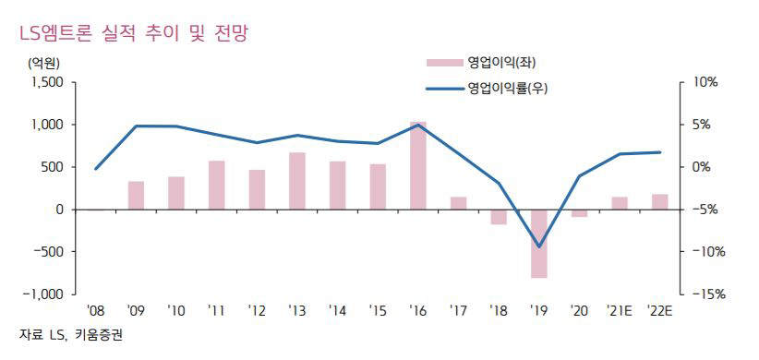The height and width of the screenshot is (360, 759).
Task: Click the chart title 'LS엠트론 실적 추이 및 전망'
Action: click(x=129, y=33)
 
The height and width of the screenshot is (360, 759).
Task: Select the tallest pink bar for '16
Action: click(x=418, y=165)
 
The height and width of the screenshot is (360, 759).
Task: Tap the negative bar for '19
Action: click(x=539, y=243)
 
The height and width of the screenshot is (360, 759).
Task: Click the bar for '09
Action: click(x=136, y=195)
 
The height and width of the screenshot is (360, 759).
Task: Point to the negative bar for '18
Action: click(x=499, y=217)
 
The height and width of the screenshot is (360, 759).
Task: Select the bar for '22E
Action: click(x=659, y=201)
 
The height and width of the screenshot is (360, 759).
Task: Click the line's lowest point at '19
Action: click(x=539, y=246)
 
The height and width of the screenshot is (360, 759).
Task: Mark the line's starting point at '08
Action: click(x=96, y=169)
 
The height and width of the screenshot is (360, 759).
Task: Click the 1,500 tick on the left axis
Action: click(x=46, y=82)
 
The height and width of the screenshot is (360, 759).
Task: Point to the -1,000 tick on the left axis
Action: click(x=43, y=294)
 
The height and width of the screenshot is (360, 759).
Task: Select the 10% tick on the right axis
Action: click(x=704, y=82)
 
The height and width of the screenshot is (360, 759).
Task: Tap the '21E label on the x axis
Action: click(x=619, y=310)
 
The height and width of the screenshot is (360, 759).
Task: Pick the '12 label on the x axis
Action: click(x=257, y=310)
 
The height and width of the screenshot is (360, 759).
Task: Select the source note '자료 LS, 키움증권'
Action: click(x=70, y=334)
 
